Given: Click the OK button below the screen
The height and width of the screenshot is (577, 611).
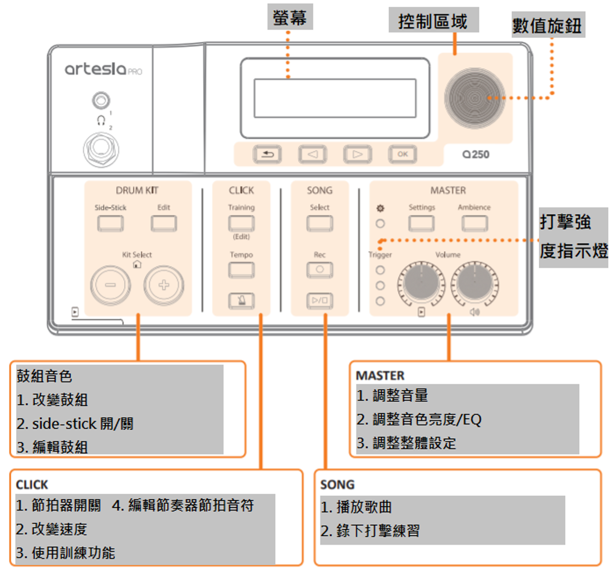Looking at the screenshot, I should pyautogui.click(x=402, y=154).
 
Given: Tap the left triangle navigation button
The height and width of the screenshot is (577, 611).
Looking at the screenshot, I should pyautogui.click(x=312, y=154).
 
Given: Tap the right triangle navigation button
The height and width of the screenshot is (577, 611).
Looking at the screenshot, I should pyautogui.click(x=357, y=154).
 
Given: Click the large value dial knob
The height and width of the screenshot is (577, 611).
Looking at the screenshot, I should pyautogui.click(x=475, y=98).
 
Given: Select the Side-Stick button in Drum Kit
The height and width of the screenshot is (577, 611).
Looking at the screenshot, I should pyautogui.click(x=110, y=223).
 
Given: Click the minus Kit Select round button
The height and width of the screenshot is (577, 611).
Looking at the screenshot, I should pyautogui.click(x=110, y=285).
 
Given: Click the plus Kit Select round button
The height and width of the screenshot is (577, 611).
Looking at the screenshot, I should pyautogui.click(x=164, y=285).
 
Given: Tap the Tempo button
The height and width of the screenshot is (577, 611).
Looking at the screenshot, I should pyautogui.click(x=241, y=270).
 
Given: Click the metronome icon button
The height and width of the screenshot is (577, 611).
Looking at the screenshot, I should pyautogui.click(x=241, y=301).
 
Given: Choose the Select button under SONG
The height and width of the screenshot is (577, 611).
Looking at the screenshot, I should pyautogui.click(x=319, y=223).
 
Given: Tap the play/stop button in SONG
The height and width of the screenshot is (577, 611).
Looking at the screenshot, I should pyautogui.click(x=319, y=301).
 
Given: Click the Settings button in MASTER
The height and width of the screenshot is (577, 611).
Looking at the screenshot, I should pyautogui.click(x=421, y=223).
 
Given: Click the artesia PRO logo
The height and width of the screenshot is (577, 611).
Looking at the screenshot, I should pyautogui.click(x=103, y=69).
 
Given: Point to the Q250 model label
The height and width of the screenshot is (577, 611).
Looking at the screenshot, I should pyautogui.click(x=475, y=154).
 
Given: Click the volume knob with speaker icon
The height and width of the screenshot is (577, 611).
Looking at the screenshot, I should pyautogui.click(x=474, y=284).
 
